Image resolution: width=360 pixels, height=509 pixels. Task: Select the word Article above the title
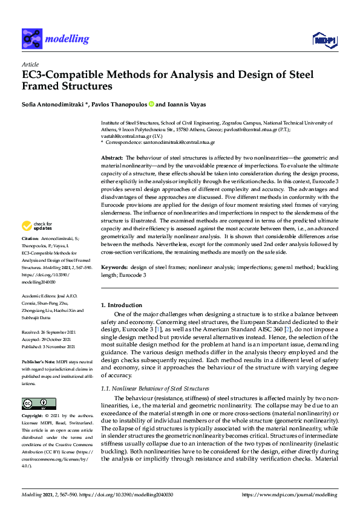point(30,65)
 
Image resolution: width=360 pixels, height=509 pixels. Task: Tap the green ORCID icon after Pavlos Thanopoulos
point(151,104)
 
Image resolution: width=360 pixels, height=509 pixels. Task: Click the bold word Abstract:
point(113,157)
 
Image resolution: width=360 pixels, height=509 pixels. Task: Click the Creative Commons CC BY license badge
point(34,404)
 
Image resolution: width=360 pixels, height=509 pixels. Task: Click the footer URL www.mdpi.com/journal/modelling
point(297,494)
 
